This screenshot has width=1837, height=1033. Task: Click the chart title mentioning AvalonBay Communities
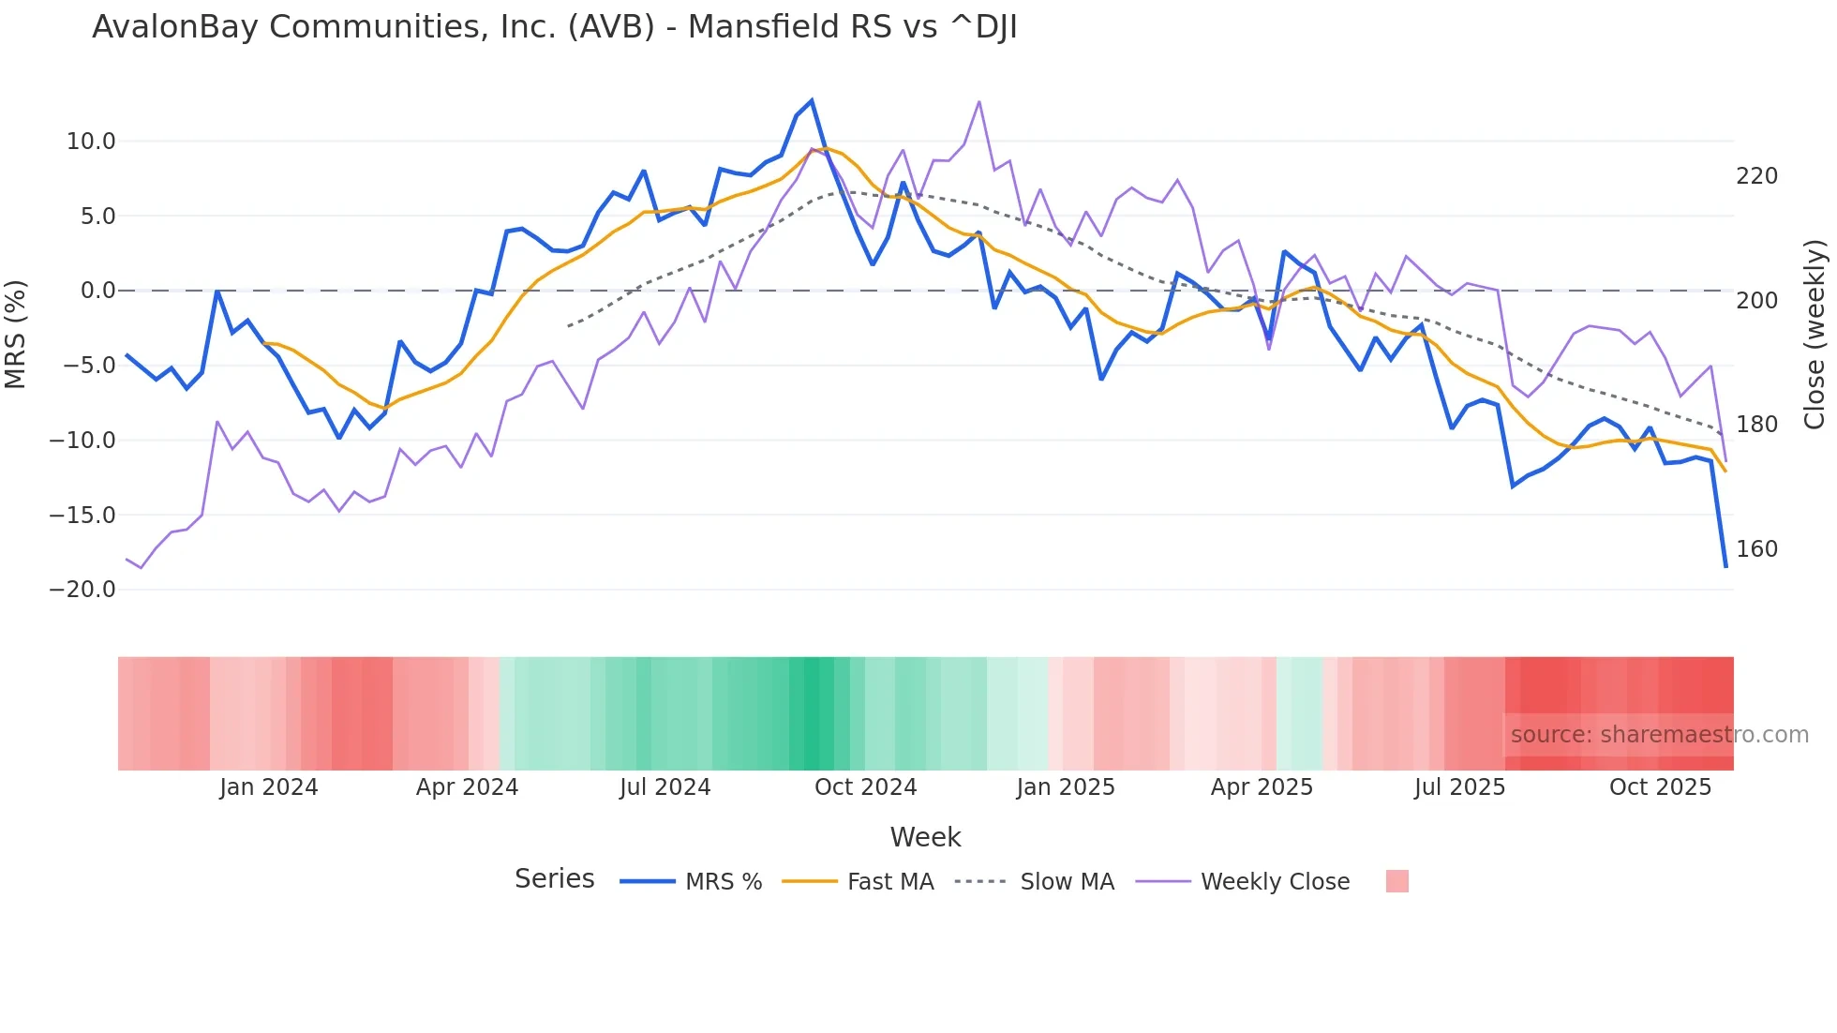pyautogui.click(x=554, y=27)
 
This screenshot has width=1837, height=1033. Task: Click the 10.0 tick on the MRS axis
pyautogui.click(x=91, y=142)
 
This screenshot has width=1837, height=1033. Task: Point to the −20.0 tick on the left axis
pyautogui.click(x=83, y=590)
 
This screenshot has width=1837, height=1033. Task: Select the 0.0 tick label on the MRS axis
pyautogui.click(x=98, y=291)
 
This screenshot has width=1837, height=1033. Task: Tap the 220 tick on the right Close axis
pyautogui.click(x=1756, y=176)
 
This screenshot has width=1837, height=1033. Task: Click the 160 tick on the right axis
pyautogui.click(x=1756, y=549)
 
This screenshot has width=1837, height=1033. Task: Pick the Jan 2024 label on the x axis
pyautogui.click(x=269, y=787)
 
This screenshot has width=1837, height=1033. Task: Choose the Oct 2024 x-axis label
pyautogui.click(x=865, y=787)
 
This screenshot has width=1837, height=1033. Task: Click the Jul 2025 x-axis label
pyautogui.click(x=1459, y=787)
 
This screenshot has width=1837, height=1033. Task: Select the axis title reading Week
pyautogui.click(x=925, y=837)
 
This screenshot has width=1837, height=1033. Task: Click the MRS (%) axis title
pyautogui.click(x=16, y=334)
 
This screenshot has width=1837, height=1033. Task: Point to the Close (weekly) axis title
pyautogui.click(x=1815, y=334)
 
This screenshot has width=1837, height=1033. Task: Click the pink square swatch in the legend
pyautogui.click(x=1396, y=881)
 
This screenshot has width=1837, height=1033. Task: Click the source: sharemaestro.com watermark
pyautogui.click(x=1659, y=735)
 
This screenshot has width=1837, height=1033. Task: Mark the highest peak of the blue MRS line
pyautogui.click(x=812, y=100)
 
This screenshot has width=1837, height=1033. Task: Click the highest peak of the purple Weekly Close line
pyautogui.click(x=979, y=101)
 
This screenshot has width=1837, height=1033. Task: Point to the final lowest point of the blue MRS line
pyautogui.click(x=1725, y=566)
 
